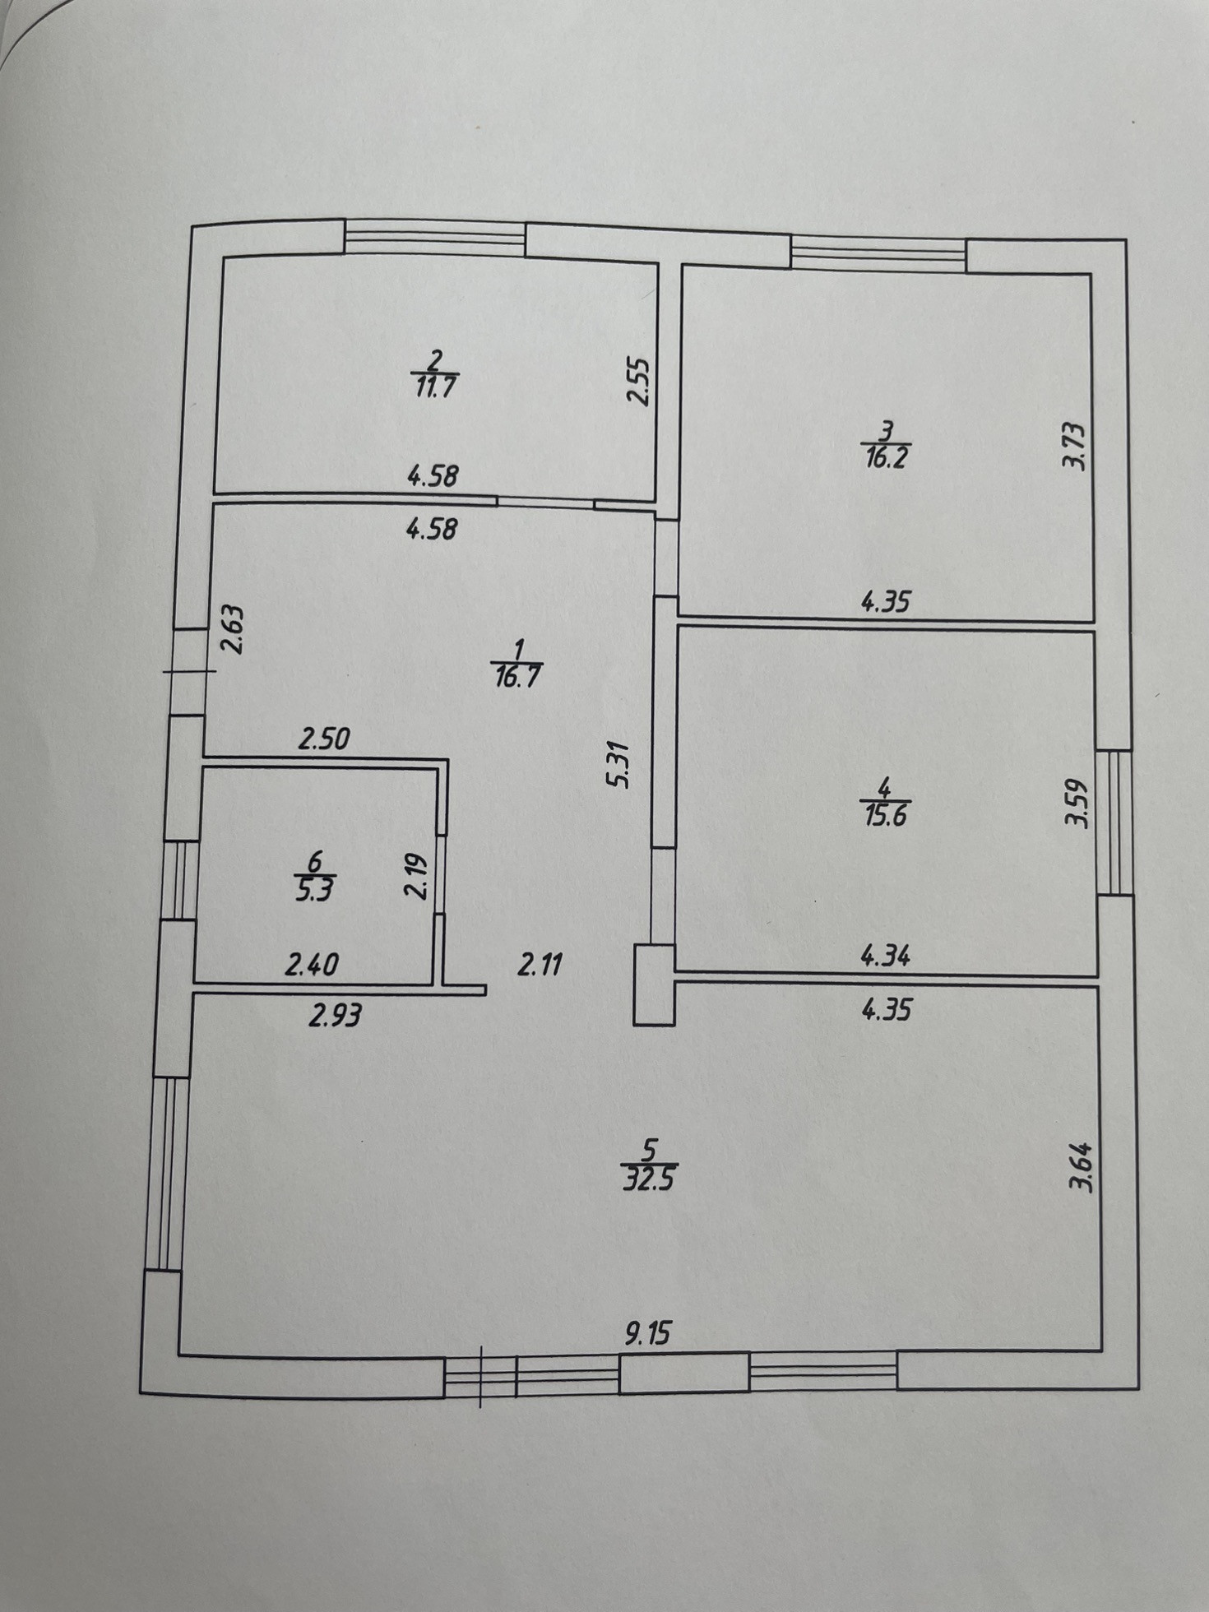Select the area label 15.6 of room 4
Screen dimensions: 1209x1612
click(x=885, y=817)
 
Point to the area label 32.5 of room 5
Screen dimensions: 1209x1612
click(x=650, y=1180)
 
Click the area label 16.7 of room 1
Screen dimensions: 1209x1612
click(x=517, y=678)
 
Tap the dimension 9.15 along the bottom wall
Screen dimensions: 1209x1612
click(x=647, y=1333)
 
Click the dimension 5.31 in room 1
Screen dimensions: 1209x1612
click(x=618, y=764)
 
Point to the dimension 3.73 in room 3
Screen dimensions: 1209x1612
click(x=1074, y=445)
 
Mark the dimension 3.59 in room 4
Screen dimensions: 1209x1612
click(x=1076, y=804)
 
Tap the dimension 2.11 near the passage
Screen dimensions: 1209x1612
click(x=540, y=963)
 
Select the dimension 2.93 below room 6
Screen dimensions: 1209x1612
click(x=335, y=1017)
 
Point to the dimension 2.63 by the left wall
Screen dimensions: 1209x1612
click(x=234, y=629)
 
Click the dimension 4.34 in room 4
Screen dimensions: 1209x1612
click(x=885, y=957)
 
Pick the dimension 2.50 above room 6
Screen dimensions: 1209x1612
click(x=324, y=739)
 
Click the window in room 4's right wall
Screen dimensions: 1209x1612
click(x=1114, y=821)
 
